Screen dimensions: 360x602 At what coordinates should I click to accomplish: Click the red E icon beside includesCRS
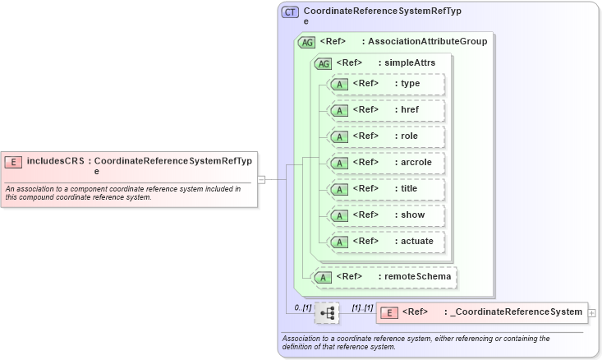[x=14, y=161]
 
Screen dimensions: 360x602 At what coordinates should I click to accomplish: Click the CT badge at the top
[x=290, y=12]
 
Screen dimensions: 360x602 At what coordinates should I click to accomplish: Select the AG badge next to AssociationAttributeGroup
[x=307, y=42]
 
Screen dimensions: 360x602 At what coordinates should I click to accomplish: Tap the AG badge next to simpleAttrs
[x=324, y=62]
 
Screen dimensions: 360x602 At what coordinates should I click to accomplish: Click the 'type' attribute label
[x=411, y=83]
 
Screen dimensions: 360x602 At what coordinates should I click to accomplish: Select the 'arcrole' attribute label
[x=416, y=162]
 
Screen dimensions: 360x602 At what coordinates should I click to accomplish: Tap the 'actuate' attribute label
[x=417, y=241]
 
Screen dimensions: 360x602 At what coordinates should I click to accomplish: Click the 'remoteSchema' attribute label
[x=417, y=276]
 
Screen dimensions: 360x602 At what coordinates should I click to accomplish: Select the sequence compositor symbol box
[x=327, y=312]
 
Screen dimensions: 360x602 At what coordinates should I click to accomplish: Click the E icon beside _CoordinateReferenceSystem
[x=389, y=312]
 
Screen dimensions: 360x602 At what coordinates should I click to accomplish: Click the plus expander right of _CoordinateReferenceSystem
[x=592, y=313]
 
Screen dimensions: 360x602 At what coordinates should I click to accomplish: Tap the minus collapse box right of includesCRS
[x=261, y=179]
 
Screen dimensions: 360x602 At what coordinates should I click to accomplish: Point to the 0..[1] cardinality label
[x=302, y=307]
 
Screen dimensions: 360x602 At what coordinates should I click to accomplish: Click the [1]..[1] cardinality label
[x=362, y=307]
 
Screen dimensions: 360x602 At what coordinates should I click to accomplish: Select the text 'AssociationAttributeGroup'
[x=427, y=41]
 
